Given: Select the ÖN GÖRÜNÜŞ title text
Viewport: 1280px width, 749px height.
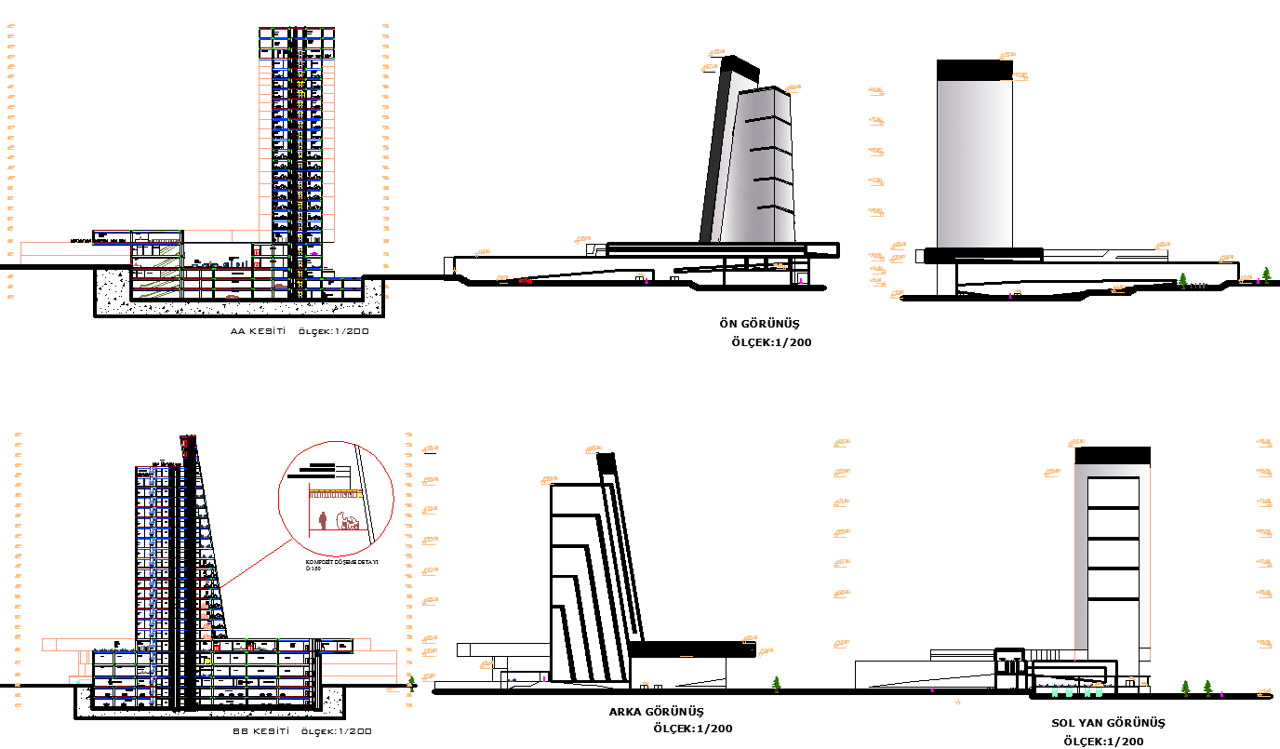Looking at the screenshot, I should tap(759, 324).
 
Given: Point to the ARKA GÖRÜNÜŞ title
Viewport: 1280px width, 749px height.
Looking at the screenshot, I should tap(657, 712).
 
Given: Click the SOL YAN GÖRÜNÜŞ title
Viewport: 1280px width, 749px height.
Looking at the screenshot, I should tap(1108, 723).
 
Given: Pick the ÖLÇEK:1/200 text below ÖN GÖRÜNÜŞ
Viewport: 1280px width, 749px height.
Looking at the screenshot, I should tap(771, 342).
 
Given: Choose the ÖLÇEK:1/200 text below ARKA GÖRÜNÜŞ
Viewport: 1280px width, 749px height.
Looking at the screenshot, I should tap(692, 729).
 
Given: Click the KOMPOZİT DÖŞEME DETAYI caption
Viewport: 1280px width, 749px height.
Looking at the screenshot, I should tap(341, 563).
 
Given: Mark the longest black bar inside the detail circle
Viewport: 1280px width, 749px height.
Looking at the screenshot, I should tap(311, 475).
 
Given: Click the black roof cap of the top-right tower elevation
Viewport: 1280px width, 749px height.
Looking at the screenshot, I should tap(974, 70).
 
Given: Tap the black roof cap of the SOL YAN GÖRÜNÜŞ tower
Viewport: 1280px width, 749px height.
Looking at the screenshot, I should tap(1113, 456).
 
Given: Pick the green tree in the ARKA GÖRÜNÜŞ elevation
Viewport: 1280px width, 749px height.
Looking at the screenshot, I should tap(777, 685).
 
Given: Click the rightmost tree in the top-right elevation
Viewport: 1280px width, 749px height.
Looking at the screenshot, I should tap(1266, 274).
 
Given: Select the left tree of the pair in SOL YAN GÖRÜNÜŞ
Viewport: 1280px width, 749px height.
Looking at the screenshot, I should tap(1185, 688).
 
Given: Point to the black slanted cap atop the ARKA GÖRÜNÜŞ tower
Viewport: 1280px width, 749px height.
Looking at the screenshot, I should tap(607, 462).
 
